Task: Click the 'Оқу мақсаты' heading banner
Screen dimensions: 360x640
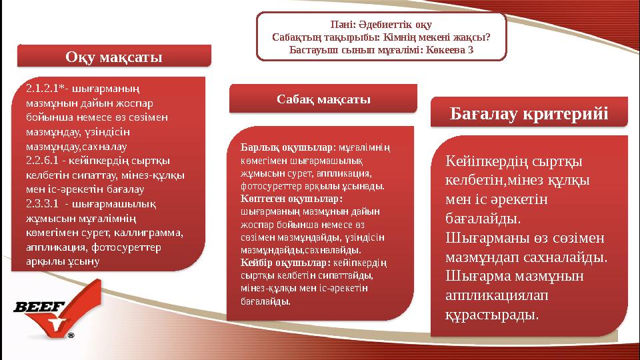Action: pos(113,57)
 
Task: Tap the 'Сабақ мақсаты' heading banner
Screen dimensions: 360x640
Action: pos(323,99)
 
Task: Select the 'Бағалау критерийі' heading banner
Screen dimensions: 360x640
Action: pos(529,114)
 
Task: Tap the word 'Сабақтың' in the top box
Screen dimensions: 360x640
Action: pos(294,37)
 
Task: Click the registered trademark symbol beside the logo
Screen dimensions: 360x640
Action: pos(71,335)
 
